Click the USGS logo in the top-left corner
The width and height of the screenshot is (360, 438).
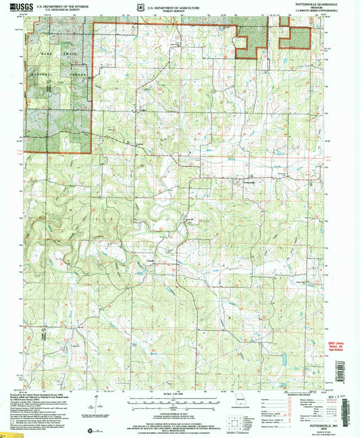pyautogui.click(x=16, y=9)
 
